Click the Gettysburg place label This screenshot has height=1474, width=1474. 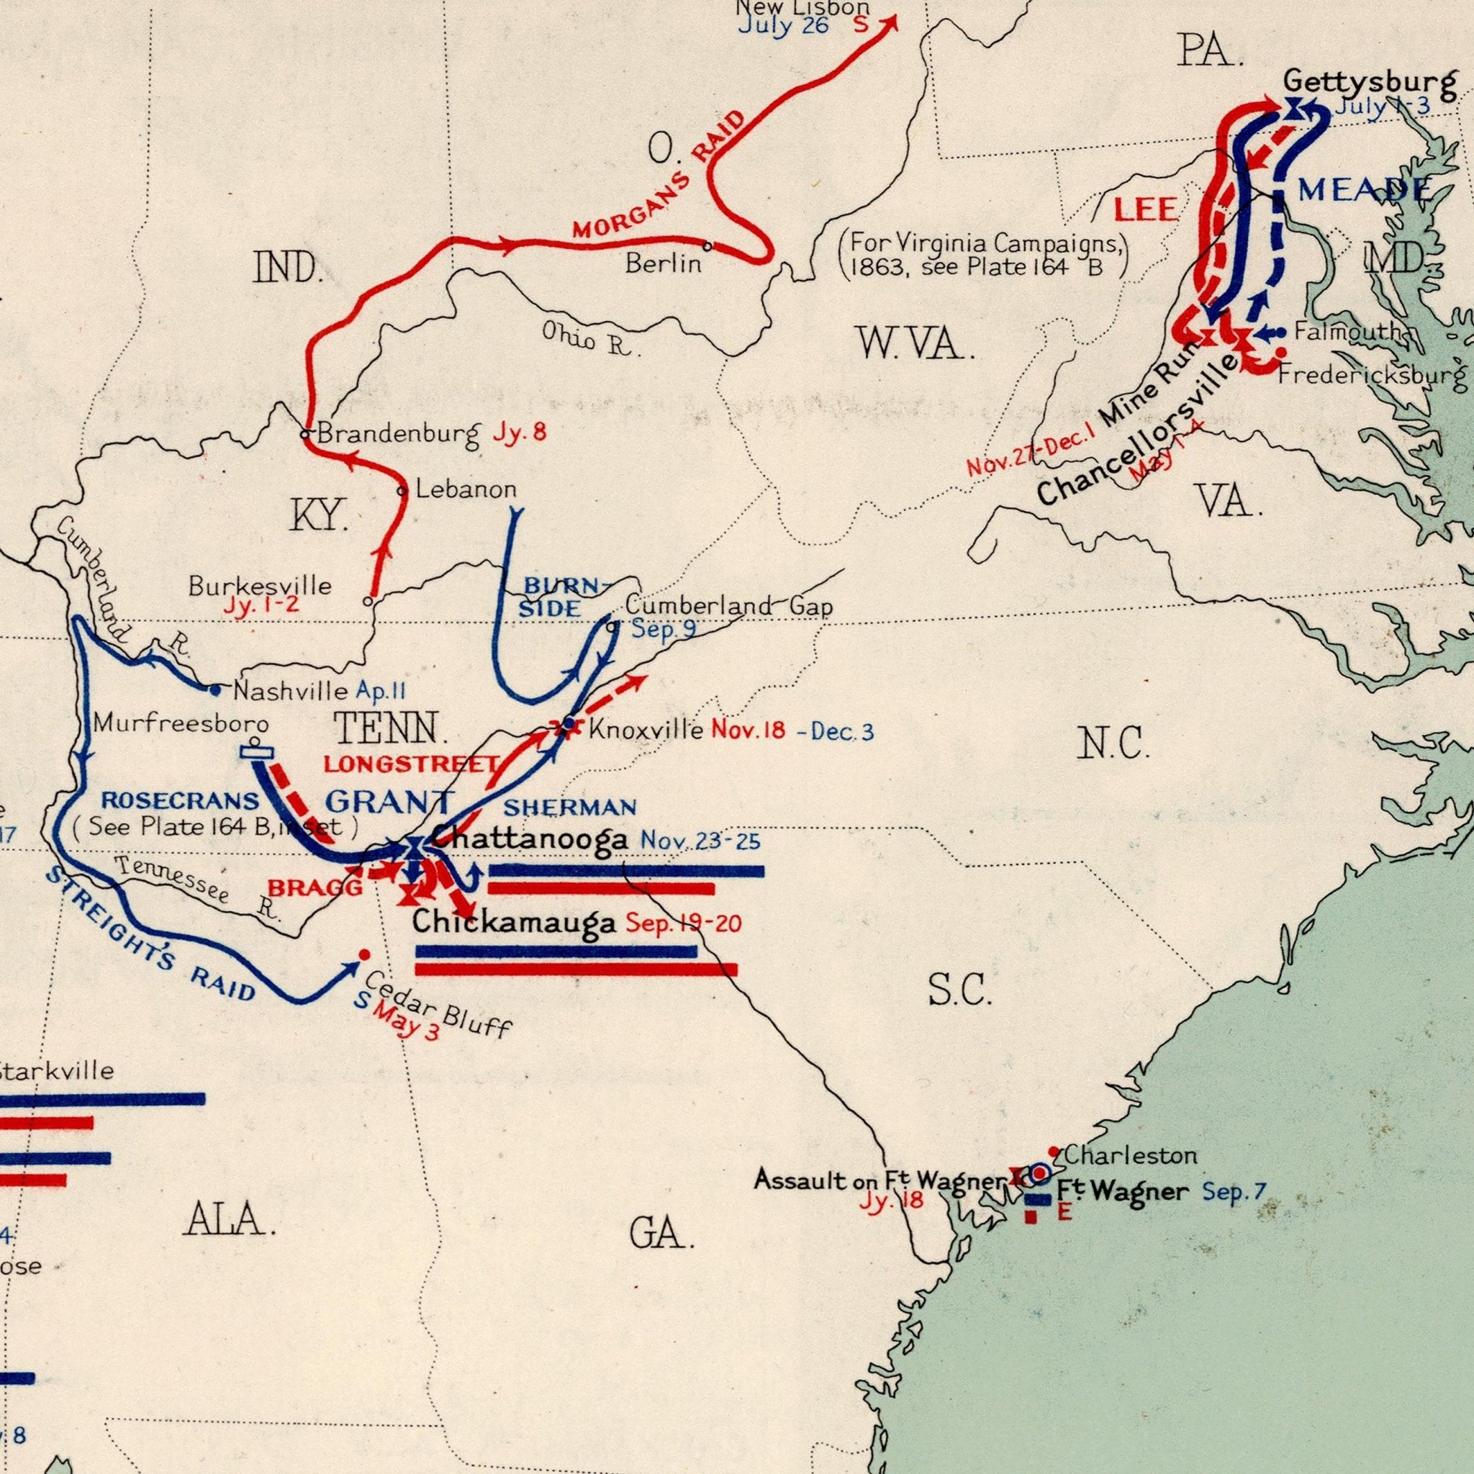[x=1370, y=80]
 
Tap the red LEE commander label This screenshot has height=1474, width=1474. [x=1147, y=209]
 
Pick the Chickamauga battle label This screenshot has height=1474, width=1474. [x=513, y=923]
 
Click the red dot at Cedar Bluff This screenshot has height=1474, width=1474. [x=364, y=954]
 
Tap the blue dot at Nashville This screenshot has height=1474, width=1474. [x=215, y=690]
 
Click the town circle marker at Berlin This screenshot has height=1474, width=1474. [x=707, y=246]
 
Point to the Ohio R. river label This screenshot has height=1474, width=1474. [x=587, y=340]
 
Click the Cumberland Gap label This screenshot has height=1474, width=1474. [x=728, y=607]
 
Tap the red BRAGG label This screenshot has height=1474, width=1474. [x=315, y=887]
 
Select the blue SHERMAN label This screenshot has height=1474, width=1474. [x=569, y=806]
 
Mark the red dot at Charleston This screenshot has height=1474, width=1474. [x=1053, y=1152]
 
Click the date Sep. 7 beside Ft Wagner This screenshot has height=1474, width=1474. [x=1234, y=1190]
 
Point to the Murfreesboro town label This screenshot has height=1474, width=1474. [x=181, y=722]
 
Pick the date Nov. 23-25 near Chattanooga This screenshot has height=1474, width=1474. [x=700, y=841]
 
